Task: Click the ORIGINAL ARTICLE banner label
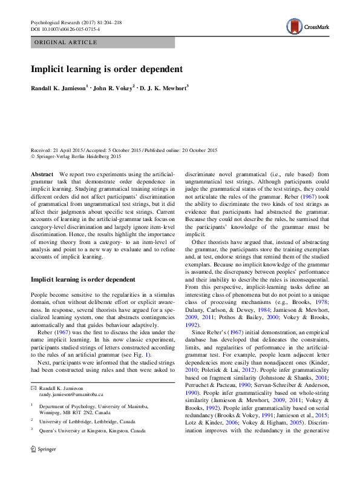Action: tap(67, 42)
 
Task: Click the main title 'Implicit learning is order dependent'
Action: tap(106, 68)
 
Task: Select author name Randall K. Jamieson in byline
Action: tap(59, 88)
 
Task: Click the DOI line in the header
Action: tap(67, 29)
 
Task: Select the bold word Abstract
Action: tap(42, 174)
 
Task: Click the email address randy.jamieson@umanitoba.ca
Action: tap(73, 394)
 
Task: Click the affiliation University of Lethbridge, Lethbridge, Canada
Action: tap(93, 421)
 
